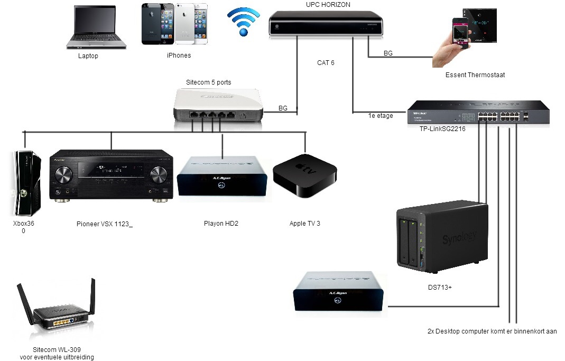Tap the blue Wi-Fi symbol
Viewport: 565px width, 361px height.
(244, 22)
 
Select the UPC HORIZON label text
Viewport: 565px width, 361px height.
(328, 5)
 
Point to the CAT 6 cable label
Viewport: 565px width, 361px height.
(326, 63)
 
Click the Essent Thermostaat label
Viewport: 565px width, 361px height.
(475, 75)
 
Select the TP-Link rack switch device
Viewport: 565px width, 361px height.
(478, 112)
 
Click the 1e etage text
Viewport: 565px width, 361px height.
(381, 116)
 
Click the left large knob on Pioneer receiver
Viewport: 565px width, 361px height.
(63, 176)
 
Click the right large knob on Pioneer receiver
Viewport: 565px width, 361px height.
(159, 176)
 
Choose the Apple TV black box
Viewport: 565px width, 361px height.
(304, 175)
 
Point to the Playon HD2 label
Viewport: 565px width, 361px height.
(221, 224)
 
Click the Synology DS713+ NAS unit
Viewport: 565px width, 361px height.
(441, 235)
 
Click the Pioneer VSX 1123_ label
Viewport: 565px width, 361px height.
(105, 224)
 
